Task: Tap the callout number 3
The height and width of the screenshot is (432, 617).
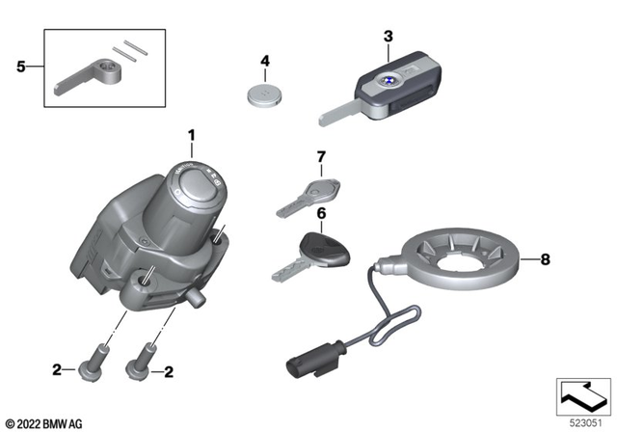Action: coord(388,37)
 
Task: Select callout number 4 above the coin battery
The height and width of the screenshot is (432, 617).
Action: coord(264,62)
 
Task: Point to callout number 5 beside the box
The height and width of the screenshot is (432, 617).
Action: coord(21,67)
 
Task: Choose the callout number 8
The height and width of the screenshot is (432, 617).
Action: coord(546,258)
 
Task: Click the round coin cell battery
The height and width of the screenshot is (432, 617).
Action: coord(264,95)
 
